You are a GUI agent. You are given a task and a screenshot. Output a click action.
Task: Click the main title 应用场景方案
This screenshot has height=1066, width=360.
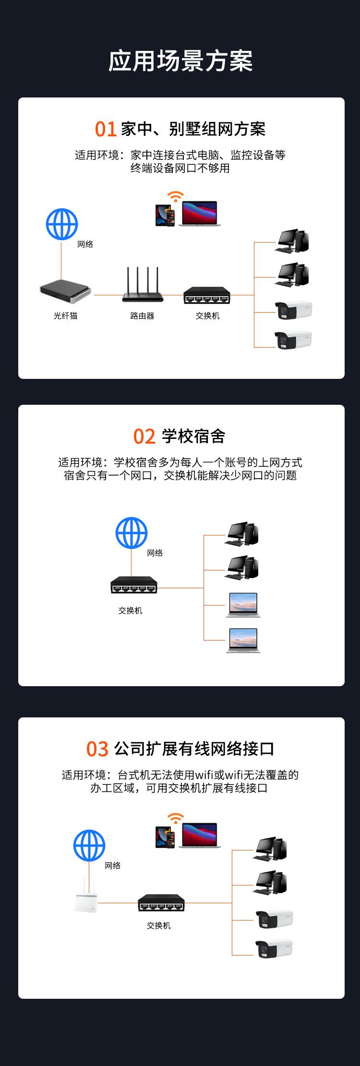[180, 61]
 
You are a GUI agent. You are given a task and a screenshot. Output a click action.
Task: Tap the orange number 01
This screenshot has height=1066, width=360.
[106, 129]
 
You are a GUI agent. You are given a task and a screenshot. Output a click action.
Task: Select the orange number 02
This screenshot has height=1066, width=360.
[144, 436]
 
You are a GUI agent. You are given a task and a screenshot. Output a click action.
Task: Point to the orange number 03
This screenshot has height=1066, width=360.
[97, 749]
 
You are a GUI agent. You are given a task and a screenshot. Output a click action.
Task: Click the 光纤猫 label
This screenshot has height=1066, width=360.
[65, 315]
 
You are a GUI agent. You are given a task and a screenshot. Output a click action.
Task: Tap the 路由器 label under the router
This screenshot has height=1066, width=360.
[142, 315]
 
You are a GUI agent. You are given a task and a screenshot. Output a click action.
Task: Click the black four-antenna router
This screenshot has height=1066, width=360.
[143, 285]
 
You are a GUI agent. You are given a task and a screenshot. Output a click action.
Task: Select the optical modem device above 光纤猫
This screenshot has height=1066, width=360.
[65, 292]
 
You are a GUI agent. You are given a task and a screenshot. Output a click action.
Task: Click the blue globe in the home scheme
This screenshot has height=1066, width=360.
[61, 224]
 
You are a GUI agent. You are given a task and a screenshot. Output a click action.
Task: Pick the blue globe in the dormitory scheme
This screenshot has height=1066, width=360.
[131, 533]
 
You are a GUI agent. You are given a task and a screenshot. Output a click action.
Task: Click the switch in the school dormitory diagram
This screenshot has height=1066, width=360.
[134, 584]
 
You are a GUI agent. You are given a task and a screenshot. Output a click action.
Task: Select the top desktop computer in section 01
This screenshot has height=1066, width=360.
[292, 241]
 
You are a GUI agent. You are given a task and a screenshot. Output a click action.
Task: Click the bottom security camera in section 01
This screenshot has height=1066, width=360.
[293, 339]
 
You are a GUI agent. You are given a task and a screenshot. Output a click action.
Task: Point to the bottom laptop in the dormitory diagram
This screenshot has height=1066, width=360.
[243, 640]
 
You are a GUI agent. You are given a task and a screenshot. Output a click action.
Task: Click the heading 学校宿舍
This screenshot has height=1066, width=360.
[193, 436]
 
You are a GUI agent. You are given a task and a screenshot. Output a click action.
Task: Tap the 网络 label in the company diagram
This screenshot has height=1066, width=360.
[113, 866]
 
